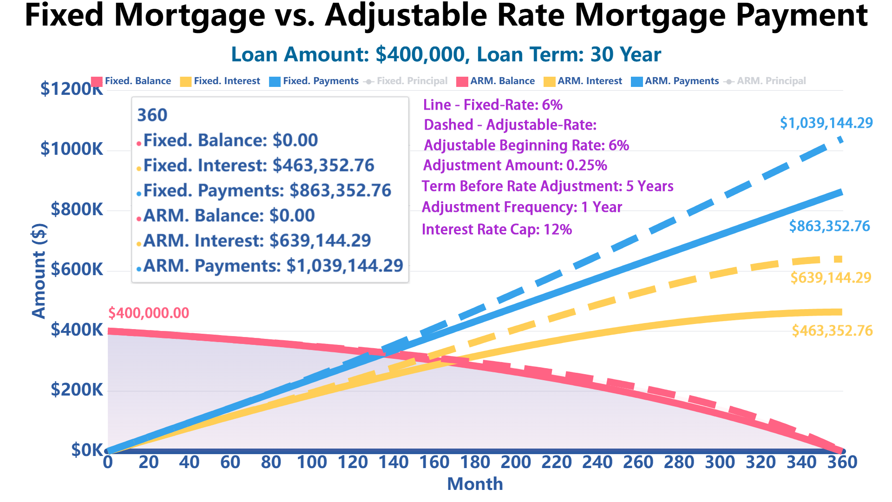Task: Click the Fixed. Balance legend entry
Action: [x=131, y=81]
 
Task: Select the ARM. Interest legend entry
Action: [x=584, y=81]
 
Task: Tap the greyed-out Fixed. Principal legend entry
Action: [x=406, y=81]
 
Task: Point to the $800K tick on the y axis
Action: [x=77, y=210]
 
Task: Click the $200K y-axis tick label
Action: [x=77, y=390]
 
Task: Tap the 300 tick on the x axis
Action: [x=720, y=462]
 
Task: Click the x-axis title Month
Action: [x=475, y=484]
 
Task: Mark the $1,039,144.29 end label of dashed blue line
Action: [x=826, y=123]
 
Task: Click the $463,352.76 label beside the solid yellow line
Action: [x=832, y=331]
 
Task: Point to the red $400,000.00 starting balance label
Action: [x=149, y=313]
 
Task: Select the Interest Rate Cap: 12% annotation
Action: [x=497, y=230]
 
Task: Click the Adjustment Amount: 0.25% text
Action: [x=515, y=165]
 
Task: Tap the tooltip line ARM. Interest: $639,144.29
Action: [x=256, y=241]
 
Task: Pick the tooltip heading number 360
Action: [x=152, y=115]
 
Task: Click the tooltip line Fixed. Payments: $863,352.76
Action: [x=267, y=191]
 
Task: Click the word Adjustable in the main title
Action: [x=406, y=16]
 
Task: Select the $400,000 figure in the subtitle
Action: [x=420, y=55]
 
